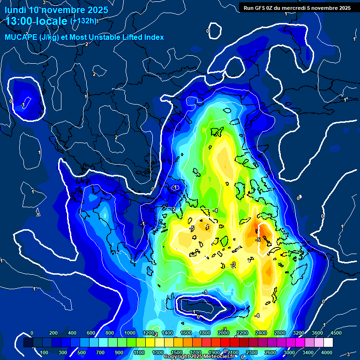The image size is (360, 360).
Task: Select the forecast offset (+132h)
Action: (83, 21)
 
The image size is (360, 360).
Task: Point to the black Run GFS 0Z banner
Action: (297, 7)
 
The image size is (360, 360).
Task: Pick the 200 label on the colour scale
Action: (53, 333)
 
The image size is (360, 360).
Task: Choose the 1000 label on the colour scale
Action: (130, 333)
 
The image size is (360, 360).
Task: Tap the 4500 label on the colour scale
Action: (336, 333)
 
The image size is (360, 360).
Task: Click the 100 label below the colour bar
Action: (44, 352)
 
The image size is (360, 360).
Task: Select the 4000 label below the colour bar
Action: (327, 352)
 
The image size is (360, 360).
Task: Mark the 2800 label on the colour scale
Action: (279, 333)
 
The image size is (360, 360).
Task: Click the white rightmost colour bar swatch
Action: (328, 343)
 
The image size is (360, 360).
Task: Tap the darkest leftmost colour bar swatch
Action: (28, 343)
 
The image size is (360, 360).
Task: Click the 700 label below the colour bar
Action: (101, 352)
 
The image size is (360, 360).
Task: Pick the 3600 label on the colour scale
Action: (317, 333)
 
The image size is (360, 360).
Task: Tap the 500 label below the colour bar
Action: (82, 352)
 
